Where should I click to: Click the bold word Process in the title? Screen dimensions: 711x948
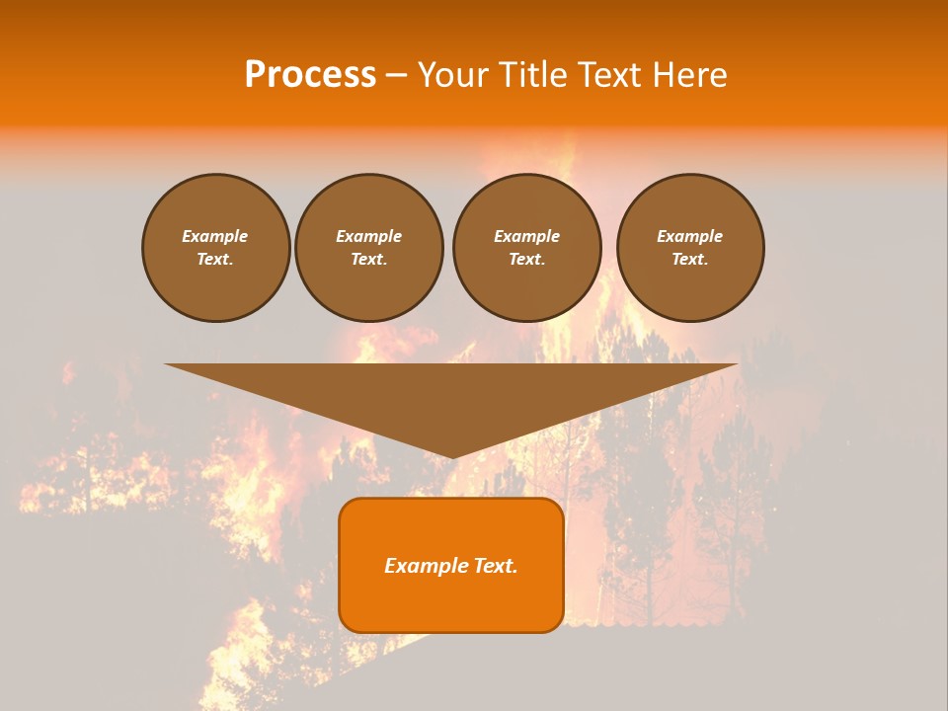coord(310,75)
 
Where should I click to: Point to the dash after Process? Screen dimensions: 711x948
coord(396,76)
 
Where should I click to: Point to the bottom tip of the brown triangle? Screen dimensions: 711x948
coord(452,456)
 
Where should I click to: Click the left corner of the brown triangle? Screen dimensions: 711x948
coord(170,365)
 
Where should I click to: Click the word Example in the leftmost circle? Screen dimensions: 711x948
coord(215,236)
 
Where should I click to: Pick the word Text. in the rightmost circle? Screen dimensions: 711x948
coord(689,259)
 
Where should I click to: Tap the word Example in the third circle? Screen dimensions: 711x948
coord(526,236)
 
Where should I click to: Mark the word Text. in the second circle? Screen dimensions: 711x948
coord(368,259)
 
